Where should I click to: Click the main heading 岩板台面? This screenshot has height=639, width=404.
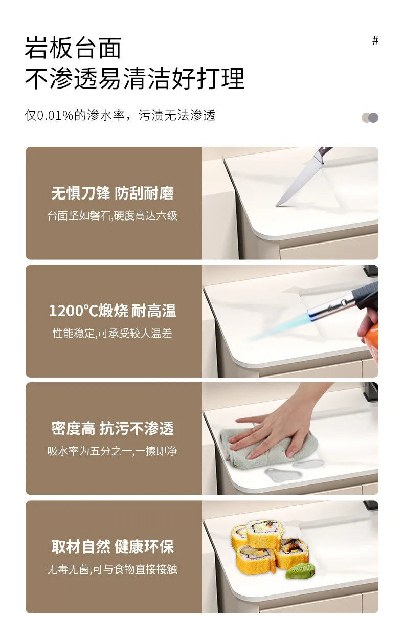click(73, 48)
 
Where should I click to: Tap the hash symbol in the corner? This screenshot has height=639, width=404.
click(375, 41)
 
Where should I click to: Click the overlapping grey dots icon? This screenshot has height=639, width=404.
click(370, 118)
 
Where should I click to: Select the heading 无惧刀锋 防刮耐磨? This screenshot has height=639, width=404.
click(113, 193)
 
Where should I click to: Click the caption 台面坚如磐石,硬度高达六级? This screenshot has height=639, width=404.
click(113, 216)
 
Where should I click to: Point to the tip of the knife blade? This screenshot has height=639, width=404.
click(276, 206)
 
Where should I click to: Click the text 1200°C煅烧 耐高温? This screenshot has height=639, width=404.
click(113, 311)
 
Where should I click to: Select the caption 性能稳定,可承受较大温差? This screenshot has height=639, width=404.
click(113, 333)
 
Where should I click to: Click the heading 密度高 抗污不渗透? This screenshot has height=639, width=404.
click(113, 428)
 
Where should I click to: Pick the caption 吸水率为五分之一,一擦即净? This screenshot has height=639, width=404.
click(113, 451)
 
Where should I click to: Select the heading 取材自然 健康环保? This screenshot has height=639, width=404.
click(113, 546)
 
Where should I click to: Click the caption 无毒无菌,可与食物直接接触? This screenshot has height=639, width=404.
click(113, 569)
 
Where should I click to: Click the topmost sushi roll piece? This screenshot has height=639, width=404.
click(264, 533)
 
